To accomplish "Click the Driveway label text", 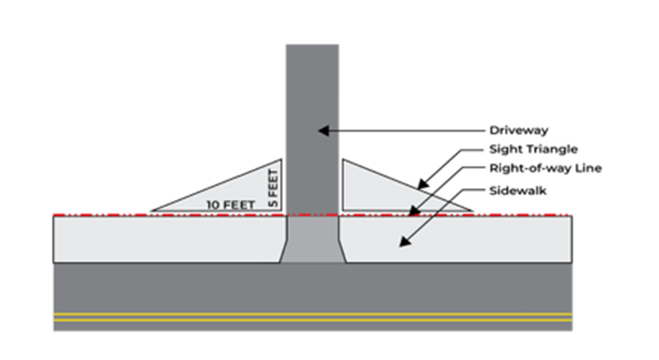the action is [518, 131].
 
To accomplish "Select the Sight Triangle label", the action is [533, 149].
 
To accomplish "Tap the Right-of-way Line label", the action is [545, 168].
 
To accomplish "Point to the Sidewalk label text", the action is [518, 191].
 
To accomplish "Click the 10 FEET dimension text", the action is [231, 205].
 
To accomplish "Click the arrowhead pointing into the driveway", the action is [322, 131].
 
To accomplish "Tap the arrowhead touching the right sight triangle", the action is [423, 185].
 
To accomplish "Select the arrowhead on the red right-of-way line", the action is [412, 212].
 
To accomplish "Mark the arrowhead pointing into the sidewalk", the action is [404, 242].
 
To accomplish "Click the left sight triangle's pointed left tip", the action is [152, 210].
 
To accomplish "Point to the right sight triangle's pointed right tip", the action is [471, 210].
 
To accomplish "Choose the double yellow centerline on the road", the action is [313, 317].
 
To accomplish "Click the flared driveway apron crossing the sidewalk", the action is [313, 240].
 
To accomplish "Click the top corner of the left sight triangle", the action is [280, 160].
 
